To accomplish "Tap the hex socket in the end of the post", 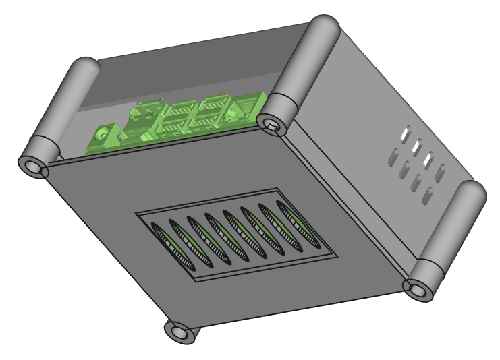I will (271, 123).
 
